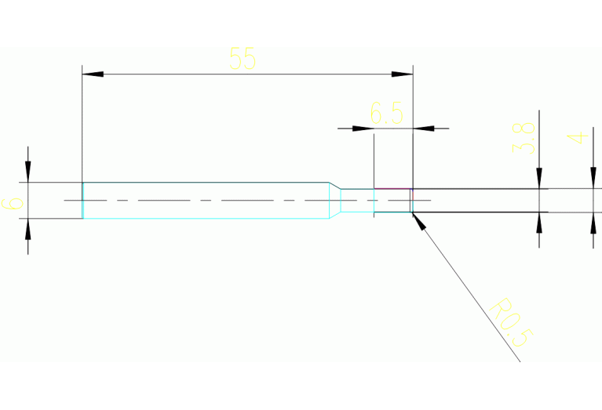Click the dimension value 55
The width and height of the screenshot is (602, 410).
tap(243, 59)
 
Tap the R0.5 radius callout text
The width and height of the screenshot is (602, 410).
tap(511, 321)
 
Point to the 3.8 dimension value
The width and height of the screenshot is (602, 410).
tap(524, 138)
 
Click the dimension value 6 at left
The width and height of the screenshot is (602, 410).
tap(13, 203)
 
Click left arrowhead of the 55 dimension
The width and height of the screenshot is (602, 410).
tap(93, 74)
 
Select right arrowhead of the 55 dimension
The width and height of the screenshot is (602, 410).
tap(403, 74)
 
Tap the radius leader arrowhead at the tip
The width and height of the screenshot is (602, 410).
tap(418, 220)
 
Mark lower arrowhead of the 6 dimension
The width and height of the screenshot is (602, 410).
tap(28, 228)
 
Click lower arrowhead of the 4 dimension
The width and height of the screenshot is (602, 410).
tap(593, 222)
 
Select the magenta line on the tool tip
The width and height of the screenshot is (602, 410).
tap(392, 189)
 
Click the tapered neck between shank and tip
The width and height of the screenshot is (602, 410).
tap(334, 200)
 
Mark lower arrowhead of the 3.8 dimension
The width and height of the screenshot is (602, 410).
tap(540, 222)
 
